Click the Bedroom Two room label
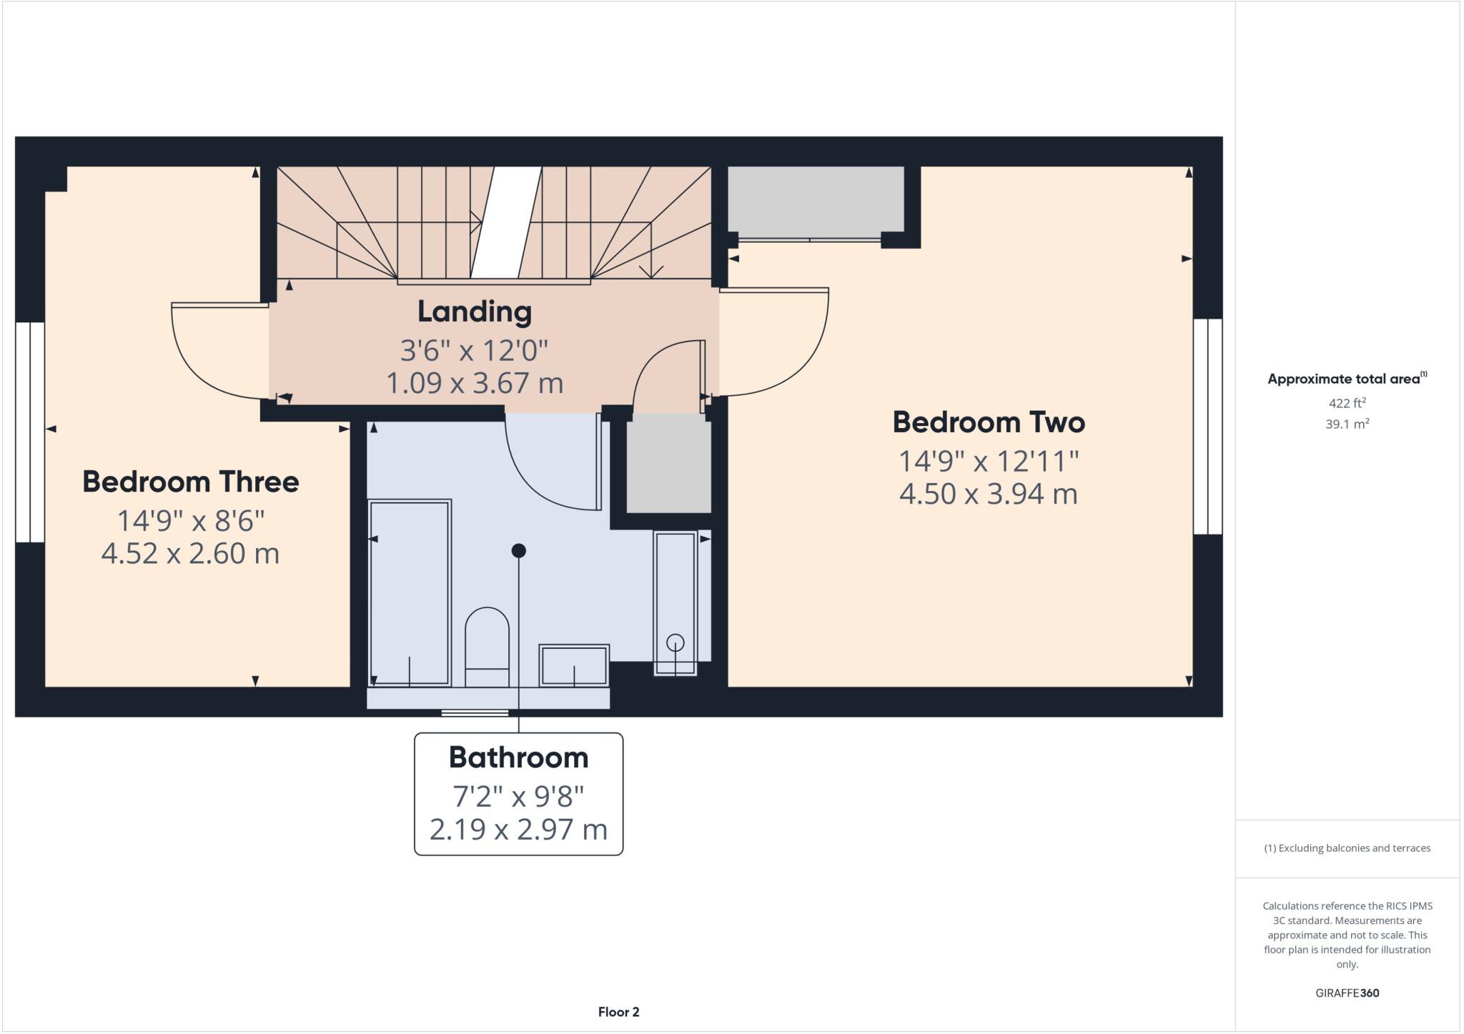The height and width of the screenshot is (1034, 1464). tap(988, 422)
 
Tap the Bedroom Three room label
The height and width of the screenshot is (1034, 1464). tap(190, 482)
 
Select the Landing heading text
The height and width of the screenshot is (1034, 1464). tap(475, 312)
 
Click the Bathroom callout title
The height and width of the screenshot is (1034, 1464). tap(518, 757)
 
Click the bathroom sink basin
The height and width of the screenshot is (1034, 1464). tap(574, 665)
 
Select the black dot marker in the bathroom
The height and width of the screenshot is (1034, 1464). tap(519, 550)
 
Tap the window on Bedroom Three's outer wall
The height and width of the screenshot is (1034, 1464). tap(30, 432)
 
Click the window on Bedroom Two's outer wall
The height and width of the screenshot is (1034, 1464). tap(1207, 427)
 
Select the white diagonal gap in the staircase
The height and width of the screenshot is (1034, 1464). tap(506, 222)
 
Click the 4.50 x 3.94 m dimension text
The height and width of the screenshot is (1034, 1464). tap(988, 494)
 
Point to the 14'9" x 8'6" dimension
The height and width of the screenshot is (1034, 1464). tap(190, 521)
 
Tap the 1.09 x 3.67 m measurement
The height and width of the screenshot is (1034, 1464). tap(475, 383)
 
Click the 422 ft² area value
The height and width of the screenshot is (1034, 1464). tap(1347, 403)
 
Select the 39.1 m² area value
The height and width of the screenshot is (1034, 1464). tap(1347, 424)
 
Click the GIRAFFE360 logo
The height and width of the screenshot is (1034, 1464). tap(1347, 993)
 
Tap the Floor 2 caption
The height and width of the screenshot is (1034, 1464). tap(618, 1012)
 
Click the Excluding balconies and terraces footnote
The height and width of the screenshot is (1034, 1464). tap(1347, 848)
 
